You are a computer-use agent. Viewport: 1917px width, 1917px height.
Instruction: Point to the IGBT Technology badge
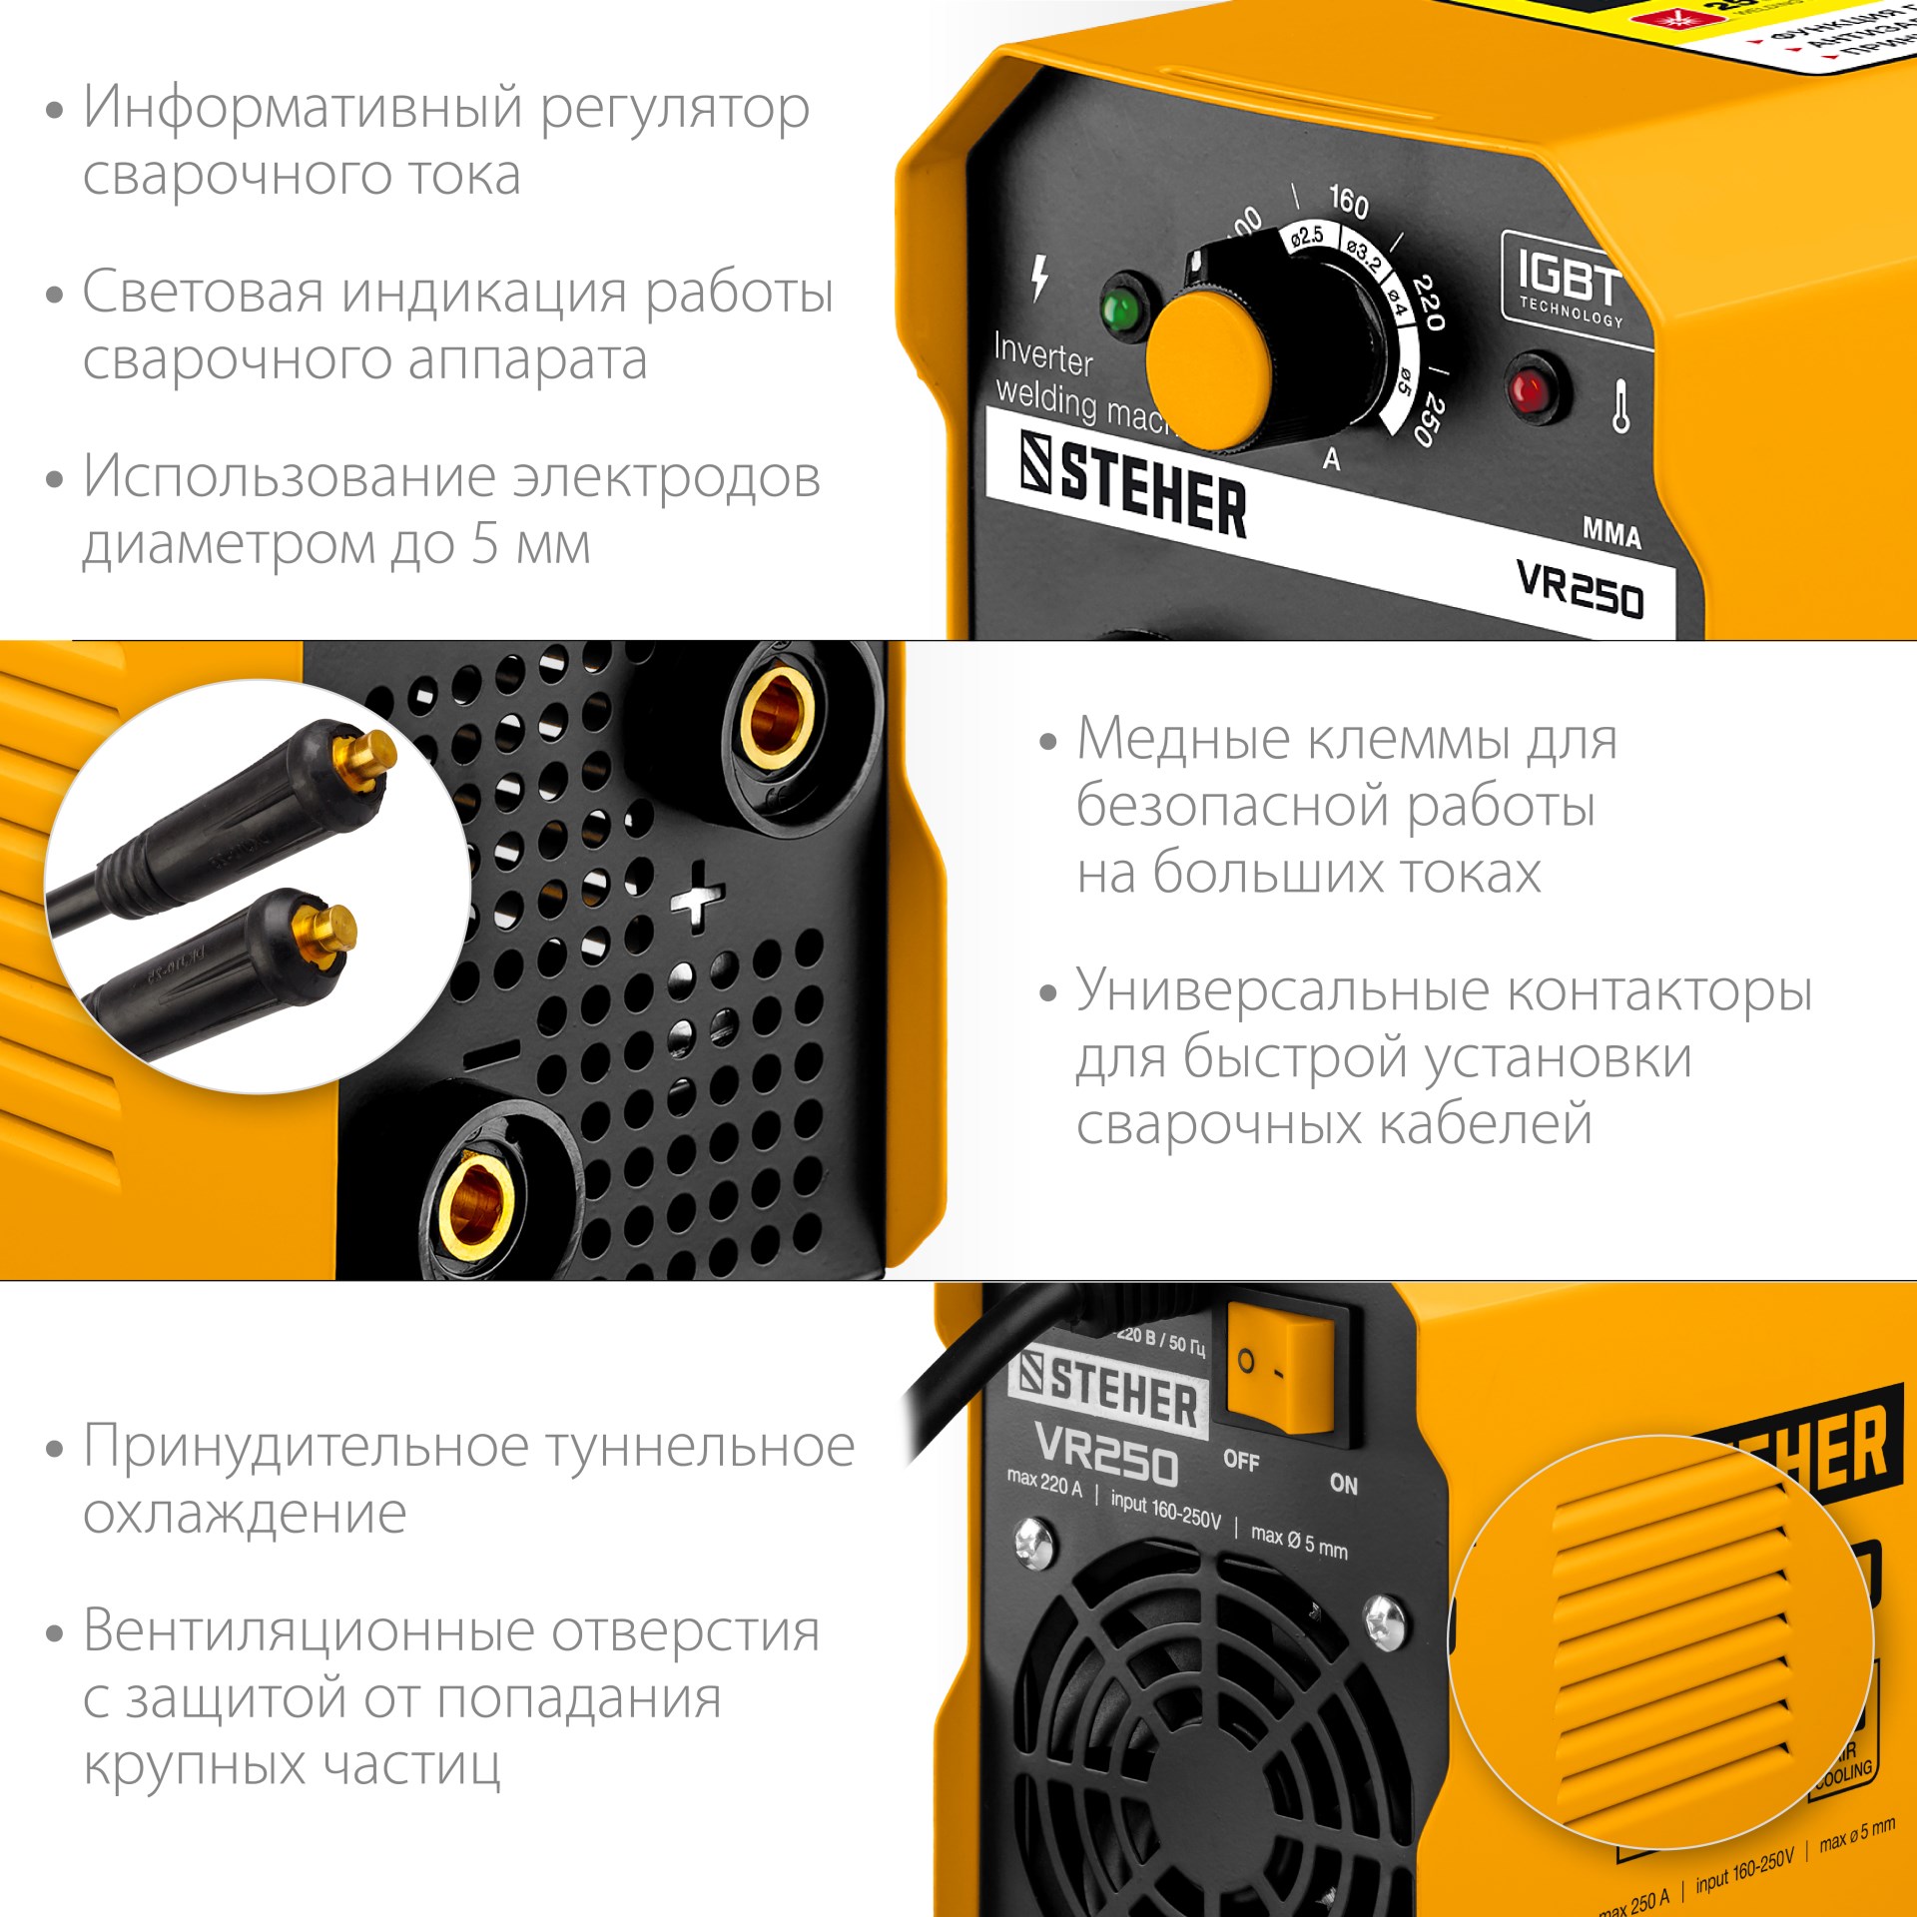click(1568, 286)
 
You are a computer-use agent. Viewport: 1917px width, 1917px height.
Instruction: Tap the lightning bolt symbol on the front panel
click(1039, 278)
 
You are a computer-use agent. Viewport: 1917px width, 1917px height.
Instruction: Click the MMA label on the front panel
click(1611, 532)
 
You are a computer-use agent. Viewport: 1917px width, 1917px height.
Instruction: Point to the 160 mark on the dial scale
click(1348, 202)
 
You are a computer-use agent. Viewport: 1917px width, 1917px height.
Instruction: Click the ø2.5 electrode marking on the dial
click(1306, 237)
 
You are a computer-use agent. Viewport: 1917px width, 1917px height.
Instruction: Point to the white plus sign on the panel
click(698, 897)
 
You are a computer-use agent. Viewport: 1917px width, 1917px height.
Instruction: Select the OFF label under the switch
click(1241, 1460)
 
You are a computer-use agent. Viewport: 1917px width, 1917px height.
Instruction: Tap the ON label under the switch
click(1344, 1485)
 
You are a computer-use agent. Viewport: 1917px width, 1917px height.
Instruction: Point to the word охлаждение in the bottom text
click(245, 1514)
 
